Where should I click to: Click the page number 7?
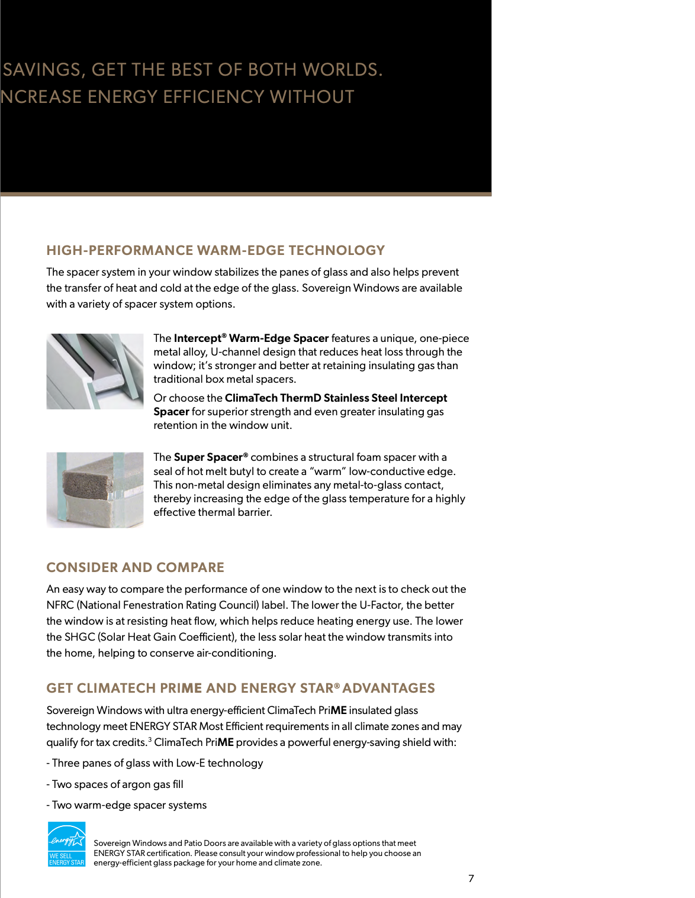coord(471,878)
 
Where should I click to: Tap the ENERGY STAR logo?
coord(66,844)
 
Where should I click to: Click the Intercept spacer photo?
coord(95,372)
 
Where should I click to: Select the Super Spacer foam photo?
coord(95,490)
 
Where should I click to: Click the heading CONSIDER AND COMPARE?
coord(135,567)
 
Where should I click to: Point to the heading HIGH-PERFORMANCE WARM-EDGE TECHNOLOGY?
coord(215,250)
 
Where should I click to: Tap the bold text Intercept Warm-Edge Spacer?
coord(251,338)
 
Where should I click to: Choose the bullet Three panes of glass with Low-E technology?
coord(155,763)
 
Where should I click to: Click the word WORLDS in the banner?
coord(342,70)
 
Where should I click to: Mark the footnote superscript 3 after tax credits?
coord(150,739)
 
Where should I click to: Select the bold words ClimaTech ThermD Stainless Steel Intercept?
coord(336,398)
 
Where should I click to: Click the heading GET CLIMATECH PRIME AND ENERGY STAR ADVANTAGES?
coord(240,688)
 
